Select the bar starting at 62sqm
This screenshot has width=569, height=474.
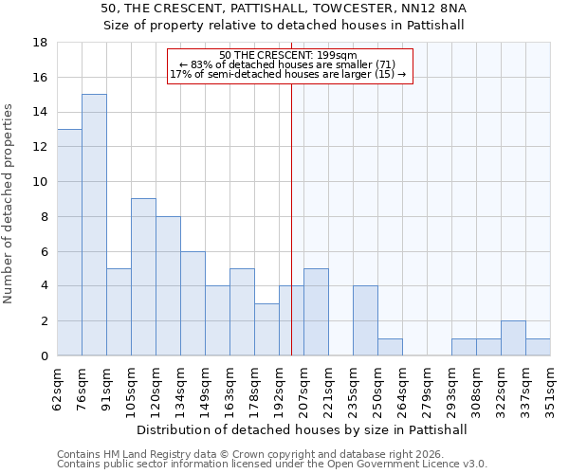pyautogui.click(x=69, y=242)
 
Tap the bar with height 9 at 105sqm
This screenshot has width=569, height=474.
pyautogui.click(x=143, y=277)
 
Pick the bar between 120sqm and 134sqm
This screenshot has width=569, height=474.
pyautogui.click(x=168, y=285)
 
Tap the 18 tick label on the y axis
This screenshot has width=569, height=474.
pyautogui.click(x=40, y=43)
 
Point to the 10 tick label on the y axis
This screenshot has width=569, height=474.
pyautogui.click(x=40, y=182)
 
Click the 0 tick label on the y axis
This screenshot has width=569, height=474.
pyautogui.click(x=44, y=355)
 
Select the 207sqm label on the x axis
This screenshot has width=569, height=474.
pyautogui.click(x=303, y=388)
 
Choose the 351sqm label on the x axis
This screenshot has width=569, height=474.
pyautogui.click(x=550, y=388)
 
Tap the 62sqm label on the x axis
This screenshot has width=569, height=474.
pyautogui.click(x=57, y=388)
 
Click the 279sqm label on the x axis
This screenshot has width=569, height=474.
pyautogui.click(x=427, y=388)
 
